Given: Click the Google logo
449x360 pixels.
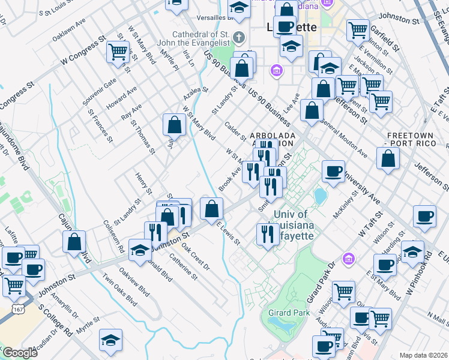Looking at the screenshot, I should (20, 353).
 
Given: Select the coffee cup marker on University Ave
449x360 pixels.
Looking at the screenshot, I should (333, 171).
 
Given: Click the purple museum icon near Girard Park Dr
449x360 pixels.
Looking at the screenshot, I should (347, 259).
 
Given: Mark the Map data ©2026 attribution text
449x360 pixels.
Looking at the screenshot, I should (423, 355).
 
